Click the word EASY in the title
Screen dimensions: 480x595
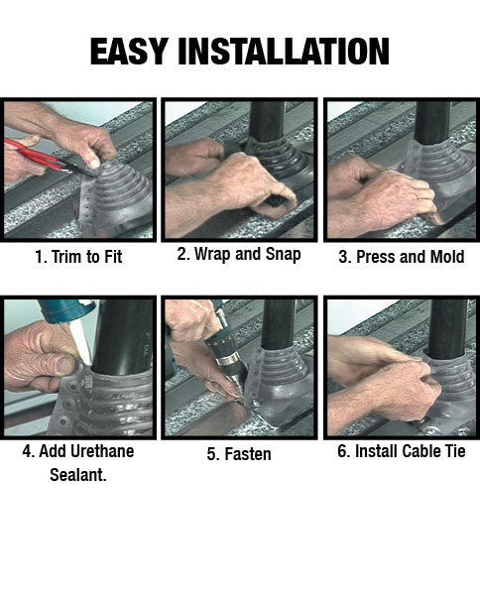(x=129, y=52)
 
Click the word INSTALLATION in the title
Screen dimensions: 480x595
(x=284, y=52)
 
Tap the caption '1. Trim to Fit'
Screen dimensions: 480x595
(x=78, y=257)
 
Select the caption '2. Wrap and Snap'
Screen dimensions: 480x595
(x=239, y=254)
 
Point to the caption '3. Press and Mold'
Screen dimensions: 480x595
(x=402, y=257)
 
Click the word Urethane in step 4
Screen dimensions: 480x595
(x=102, y=451)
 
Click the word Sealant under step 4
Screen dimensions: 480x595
(x=78, y=475)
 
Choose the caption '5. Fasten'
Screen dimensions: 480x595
(x=239, y=454)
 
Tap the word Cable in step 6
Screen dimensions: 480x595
(x=421, y=451)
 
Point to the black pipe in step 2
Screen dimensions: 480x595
(x=267, y=121)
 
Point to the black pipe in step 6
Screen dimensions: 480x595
(x=447, y=326)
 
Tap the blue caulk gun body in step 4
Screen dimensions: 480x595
(x=64, y=310)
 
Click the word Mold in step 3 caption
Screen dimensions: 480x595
(x=447, y=257)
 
